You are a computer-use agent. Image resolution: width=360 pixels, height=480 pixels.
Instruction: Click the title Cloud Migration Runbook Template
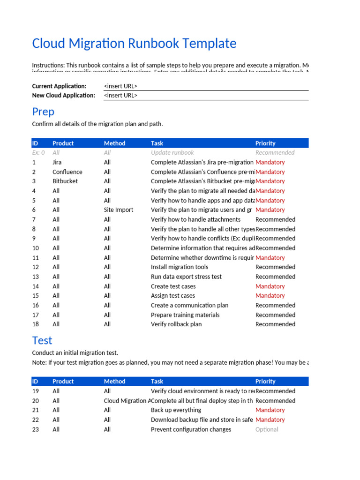click(x=134, y=44)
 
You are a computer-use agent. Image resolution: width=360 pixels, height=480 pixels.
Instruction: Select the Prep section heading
click(x=43, y=112)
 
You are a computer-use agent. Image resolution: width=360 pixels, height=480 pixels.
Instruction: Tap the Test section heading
click(x=42, y=340)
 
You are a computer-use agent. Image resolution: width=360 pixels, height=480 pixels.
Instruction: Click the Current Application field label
click(x=59, y=86)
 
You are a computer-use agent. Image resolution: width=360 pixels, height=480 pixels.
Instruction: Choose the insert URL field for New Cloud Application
click(x=120, y=96)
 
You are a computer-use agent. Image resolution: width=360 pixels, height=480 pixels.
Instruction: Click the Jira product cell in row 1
click(x=57, y=162)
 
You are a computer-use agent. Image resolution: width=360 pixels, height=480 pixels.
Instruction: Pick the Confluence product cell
click(x=67, y=172)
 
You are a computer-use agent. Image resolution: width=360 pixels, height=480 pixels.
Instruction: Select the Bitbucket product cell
click(x=65, y=181)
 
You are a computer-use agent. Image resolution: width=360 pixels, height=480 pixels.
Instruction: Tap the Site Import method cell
click(x=119, y=210)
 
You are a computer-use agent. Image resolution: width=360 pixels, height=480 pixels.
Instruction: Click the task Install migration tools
click(x=180, y=267)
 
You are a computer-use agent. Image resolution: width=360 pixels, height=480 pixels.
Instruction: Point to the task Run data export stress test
click(x=186, y=277)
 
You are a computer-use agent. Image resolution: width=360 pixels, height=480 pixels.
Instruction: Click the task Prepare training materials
click(x=185, y=315)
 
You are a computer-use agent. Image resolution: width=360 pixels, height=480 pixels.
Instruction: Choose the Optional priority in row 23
click(x=267, y=429)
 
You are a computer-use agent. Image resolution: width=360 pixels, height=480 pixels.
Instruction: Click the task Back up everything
click(x=176, y=410)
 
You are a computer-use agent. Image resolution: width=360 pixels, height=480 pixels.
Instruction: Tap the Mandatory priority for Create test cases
click(x=270, y=286)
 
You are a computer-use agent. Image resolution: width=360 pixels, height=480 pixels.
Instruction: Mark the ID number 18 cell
click(x=36, y=324)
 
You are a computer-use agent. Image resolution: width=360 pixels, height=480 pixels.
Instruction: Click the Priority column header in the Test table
click(x=265, y=382)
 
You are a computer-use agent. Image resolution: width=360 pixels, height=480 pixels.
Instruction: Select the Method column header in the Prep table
click(x=115, y=143)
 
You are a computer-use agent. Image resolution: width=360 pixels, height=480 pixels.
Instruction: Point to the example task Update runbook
click(x=172, y=153)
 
